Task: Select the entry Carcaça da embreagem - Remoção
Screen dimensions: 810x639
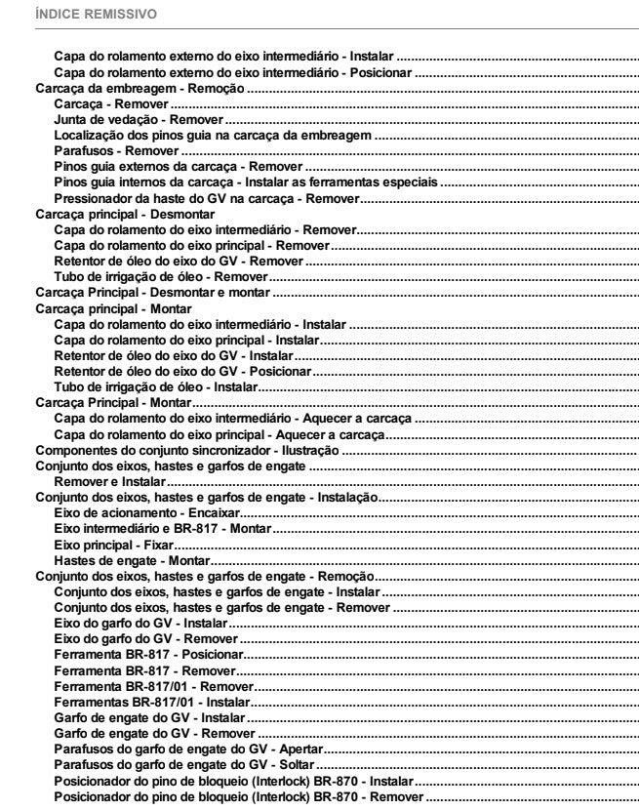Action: [x=140, y=88]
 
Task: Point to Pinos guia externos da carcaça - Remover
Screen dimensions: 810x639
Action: [x=179, y=167]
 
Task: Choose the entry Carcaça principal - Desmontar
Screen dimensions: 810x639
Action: [x=125, y=214]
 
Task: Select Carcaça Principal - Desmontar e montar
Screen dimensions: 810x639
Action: [x=153, y=293]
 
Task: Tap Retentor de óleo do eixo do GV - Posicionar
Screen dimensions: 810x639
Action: [x=182, y=372]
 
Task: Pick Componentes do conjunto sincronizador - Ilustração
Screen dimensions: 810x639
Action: [x=186, y=451]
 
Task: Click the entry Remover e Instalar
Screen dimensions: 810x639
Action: [x=109, y=482]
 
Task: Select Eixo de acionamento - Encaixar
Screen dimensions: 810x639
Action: [x=146, y=513]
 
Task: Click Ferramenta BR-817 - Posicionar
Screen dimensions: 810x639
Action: [x=148, y=656]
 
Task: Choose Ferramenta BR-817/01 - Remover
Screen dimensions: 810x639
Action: [x=154, y=687]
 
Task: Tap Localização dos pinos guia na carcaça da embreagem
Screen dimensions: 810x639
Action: [x=213, y=136]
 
